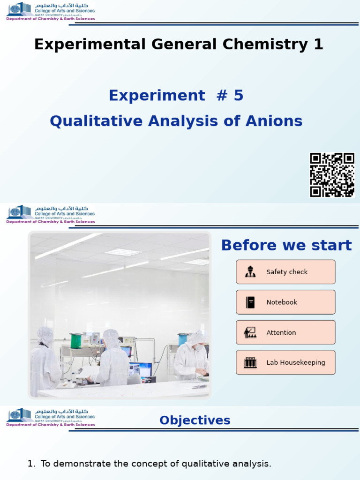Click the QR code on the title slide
[332, 175]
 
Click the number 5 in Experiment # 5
[238, 96]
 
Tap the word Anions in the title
[275, 121]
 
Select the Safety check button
[285, 272]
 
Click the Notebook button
[285, 302]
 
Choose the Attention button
[285, 332]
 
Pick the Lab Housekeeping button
[285, 362]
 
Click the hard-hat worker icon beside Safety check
[250, 272]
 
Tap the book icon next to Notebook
[250, 302]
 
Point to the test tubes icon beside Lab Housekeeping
[250, 362]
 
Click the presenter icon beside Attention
[250, 332]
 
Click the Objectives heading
[195, 420]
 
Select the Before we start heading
[286, 245]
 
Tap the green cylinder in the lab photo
[75, 341]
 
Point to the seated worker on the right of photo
[192, 356]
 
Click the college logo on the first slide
[50, 11]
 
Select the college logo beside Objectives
[50, 417]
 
